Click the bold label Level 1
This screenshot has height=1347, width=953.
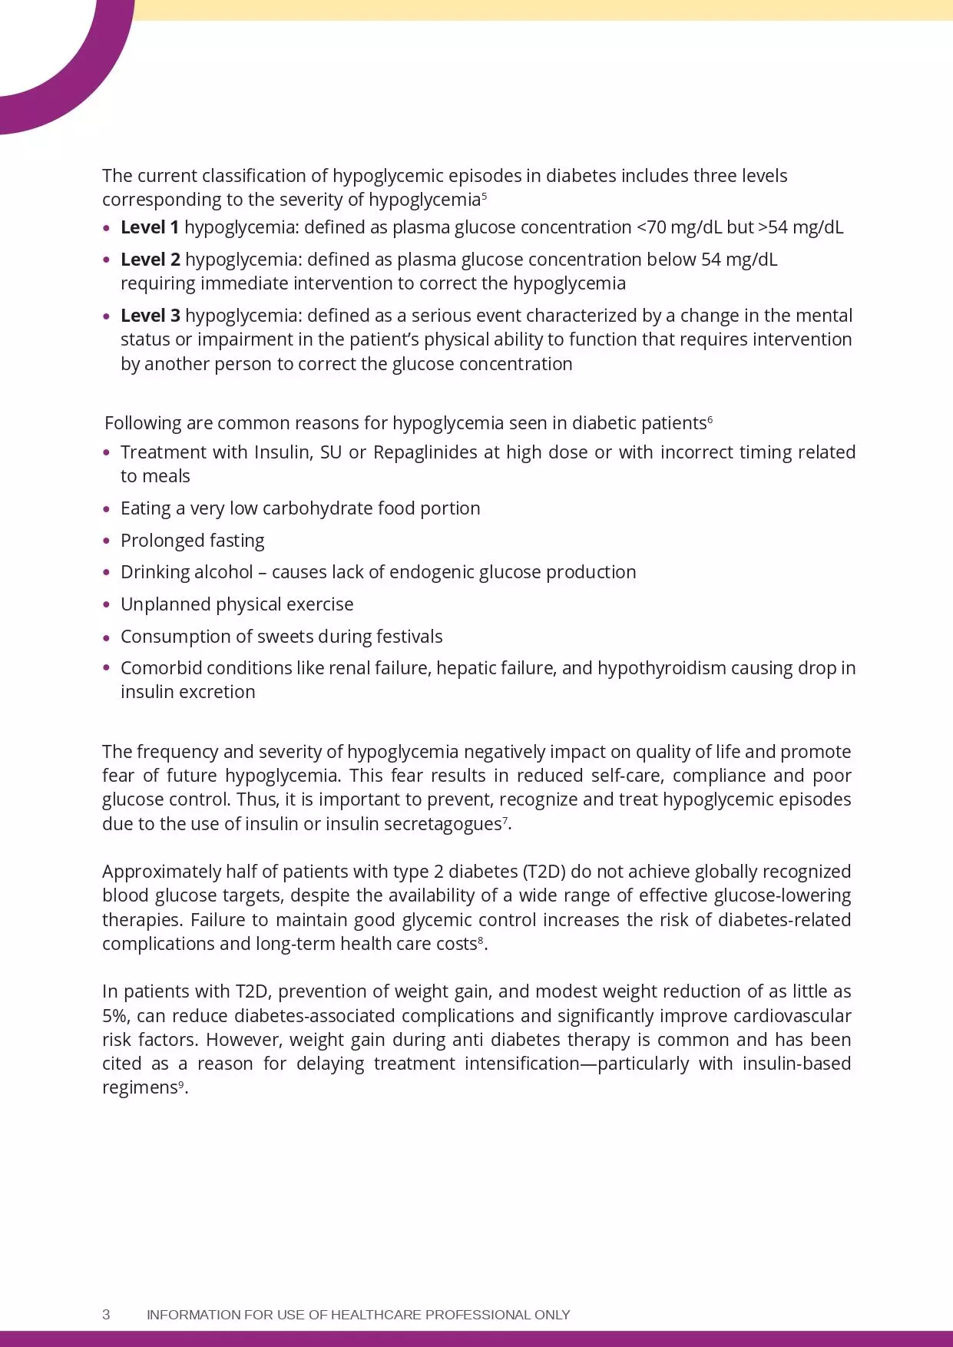[150, 227]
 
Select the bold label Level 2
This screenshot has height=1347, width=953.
[150, 260]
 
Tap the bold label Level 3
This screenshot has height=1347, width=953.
[150, 316]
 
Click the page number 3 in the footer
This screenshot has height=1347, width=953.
[106, 1314]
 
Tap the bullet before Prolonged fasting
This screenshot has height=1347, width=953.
[107, 541]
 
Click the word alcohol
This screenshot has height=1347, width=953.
[224, 572]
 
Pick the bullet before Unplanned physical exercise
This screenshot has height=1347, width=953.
[107, 604]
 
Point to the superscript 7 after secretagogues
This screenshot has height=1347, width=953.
[505, 821]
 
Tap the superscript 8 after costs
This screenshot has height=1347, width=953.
[481, 940]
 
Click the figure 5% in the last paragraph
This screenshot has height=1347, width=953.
[117, 1016]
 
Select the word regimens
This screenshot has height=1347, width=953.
[140, 1088]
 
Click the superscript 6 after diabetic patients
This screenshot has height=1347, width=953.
[710, 419]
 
